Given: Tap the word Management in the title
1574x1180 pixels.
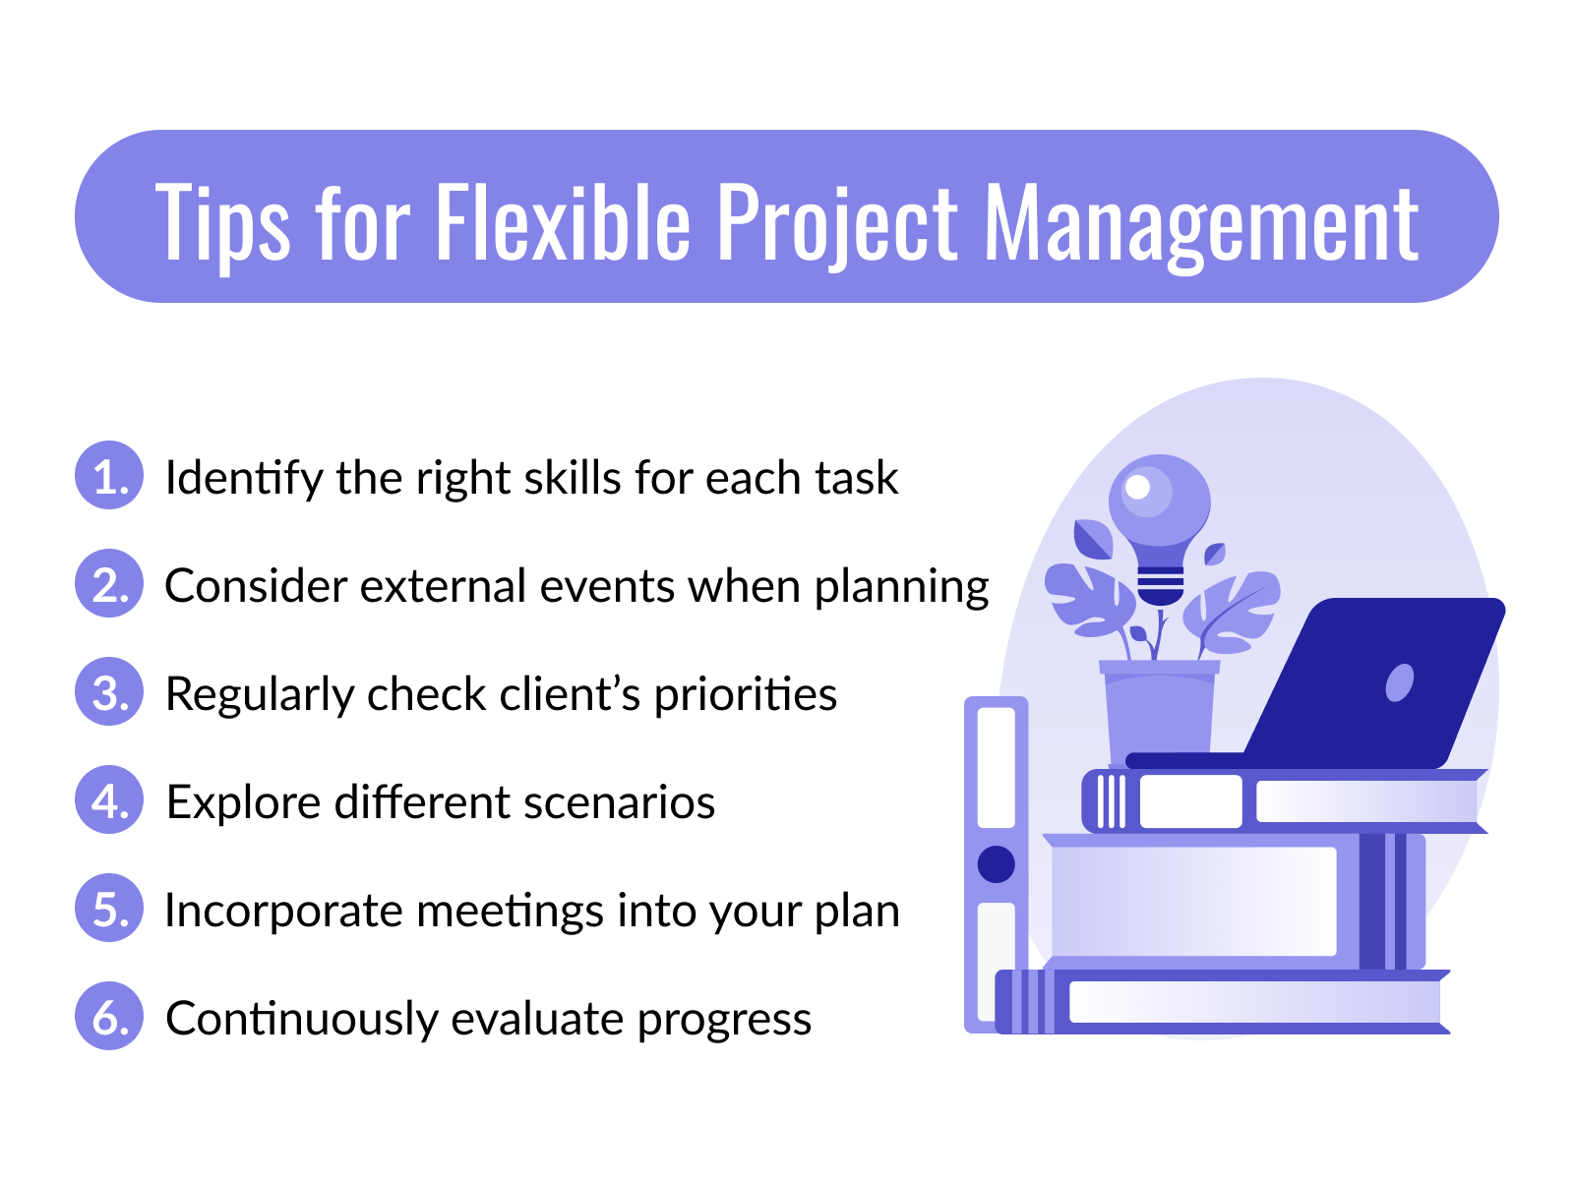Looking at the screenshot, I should coord(1201,224).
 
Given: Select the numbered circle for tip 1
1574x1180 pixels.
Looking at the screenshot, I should coord(109,476).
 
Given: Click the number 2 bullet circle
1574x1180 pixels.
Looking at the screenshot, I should coord(109,584).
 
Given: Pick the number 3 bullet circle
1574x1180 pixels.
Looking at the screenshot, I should coord(109,692).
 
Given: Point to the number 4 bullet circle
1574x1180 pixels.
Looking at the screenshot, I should coord(109,800).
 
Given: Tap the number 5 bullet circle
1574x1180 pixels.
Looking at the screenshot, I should coord(109,909).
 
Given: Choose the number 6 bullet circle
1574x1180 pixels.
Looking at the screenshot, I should coord(109,1017).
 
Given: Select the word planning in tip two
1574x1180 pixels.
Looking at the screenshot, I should coord(901,588).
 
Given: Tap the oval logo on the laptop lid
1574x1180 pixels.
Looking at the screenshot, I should coord(1399,682).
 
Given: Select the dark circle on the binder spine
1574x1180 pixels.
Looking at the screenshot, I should coord(997,864).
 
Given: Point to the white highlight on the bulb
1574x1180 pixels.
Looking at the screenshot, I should coord(1137,487).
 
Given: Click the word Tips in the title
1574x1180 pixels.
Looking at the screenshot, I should coord(222,224).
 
